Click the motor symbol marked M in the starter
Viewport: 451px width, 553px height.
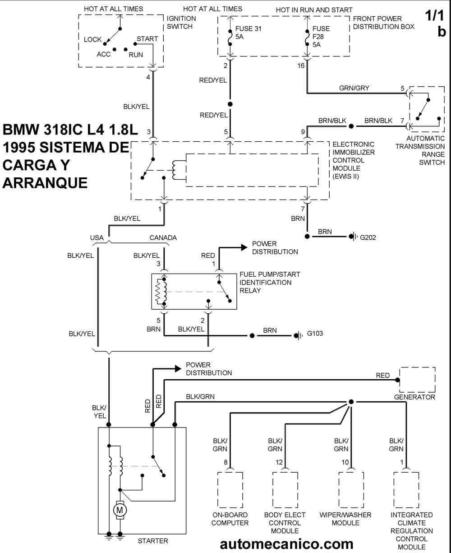(120, 510)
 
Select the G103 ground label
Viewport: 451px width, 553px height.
(316, 335)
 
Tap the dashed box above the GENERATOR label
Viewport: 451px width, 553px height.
(417, 379)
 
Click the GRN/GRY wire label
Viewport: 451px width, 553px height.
(356, 88)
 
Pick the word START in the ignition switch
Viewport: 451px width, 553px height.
(147, 39)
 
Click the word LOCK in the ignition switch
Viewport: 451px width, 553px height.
(93, 40)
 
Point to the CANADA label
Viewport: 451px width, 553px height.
(163, 237)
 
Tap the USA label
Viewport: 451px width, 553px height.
(97, 237)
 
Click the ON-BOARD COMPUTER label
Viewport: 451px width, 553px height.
(230, 519)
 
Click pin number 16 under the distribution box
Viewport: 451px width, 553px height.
(301, 65)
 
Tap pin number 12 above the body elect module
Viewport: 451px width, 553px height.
(279, 462)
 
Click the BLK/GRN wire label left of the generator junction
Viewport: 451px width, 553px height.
(200, 396)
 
